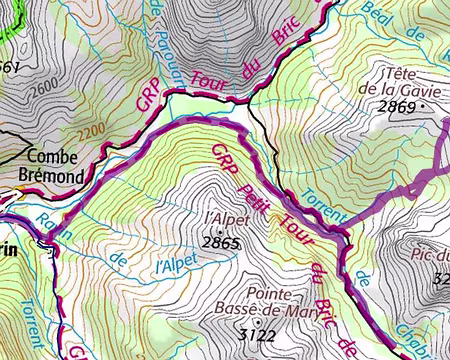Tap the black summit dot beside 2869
point(423,104)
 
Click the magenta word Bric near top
point(288,35)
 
